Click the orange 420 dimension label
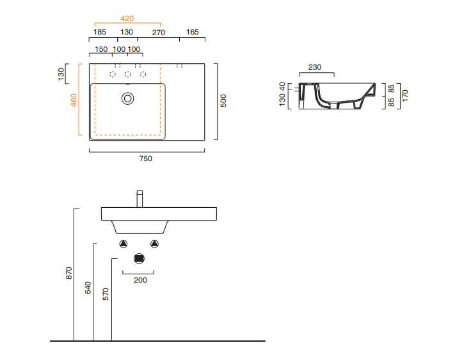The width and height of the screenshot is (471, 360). tap(127, 19)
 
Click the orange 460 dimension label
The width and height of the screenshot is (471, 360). tap(74, 100)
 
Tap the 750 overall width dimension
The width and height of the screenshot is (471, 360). tap(146, 159)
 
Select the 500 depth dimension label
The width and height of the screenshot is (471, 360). tap(223, 100)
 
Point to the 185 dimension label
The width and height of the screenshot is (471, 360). tap(100, 32)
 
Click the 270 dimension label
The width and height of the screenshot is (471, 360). tap(159, 33)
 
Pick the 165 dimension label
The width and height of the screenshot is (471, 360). tap(192, 32)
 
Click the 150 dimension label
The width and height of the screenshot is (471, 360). tap(101, 49)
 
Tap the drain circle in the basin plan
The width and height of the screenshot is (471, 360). tap(127, 98)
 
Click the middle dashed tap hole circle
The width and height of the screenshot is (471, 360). tap(127, 74)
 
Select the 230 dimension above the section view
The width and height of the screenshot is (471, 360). tap(315, 67)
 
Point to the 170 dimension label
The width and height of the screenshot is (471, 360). tap(405, 95)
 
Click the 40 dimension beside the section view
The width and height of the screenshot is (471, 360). tap(282, 87)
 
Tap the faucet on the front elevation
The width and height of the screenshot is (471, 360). tap(140, 199)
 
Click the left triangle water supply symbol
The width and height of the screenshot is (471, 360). tap(124, 244)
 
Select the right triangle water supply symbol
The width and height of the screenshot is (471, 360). tap(154, 244)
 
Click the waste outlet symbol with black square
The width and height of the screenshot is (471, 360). tap(139, 258)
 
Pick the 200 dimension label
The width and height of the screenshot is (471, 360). tap(140, 280)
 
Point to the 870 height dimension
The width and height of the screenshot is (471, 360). tap(68, 273)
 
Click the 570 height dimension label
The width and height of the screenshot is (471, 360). tap(106, 294)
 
